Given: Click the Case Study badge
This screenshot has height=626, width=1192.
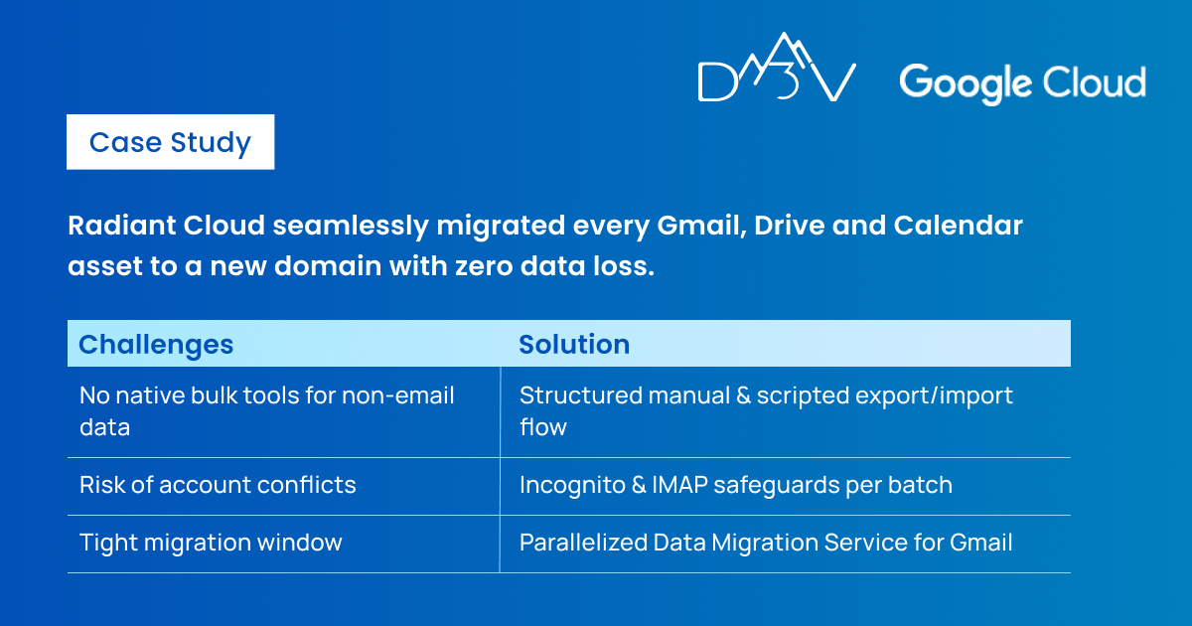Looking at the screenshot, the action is (x=170, y=142).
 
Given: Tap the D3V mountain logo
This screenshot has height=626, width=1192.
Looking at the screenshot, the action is (x=777, y=68).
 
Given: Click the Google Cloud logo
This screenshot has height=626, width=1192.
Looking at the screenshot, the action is (x=1023, y=84).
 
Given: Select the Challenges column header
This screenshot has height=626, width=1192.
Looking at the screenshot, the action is (x=156, y=345).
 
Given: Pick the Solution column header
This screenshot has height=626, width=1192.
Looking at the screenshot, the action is (x=574, y=344).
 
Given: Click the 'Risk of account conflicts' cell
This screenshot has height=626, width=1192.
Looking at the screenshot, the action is (x=218, y=485).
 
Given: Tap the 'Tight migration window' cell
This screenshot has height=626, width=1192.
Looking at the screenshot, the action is (x=211, y=543).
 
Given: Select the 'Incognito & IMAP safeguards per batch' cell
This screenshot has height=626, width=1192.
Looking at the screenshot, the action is (x=736, y=485).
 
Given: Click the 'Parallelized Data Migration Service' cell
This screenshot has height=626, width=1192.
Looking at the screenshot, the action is (x=766, y=543).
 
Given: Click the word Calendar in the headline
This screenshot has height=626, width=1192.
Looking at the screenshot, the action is (x=958, y=226).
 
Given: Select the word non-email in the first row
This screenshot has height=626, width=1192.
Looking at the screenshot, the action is (x=397, y=395).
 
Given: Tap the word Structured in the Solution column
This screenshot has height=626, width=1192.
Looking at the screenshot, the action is (x=579, y=395).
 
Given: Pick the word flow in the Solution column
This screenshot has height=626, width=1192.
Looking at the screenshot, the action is (x=543, y=427).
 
